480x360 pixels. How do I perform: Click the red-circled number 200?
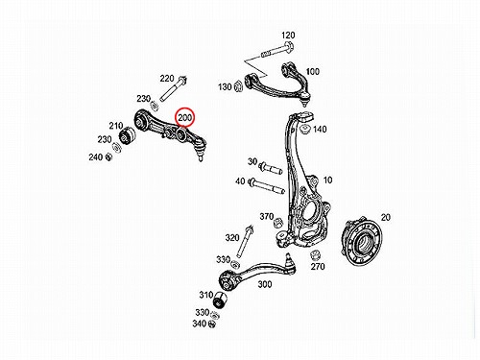click(x=185, y=118)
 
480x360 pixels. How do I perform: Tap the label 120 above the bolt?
click(x=288, y=36)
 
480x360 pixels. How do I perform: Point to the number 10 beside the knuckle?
click(x=327, y=180)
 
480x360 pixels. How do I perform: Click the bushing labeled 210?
click(x=128, y=136)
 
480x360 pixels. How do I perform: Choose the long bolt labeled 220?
click(x=173, y=88)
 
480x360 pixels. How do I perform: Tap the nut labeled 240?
click(x=108, y=157)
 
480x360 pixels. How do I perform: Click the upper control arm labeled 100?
click(x=277, y=84)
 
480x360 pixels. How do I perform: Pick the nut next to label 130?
click(x=238, y=85)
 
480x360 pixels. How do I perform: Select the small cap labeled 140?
click(x=305, y=130)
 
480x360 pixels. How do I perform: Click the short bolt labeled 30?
click(x=271, y=168)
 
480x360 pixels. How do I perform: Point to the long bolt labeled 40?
click(x=267, y=186)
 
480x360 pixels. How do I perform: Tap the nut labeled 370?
click(x=278, y=222)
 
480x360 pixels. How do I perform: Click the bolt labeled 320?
click(x=244, y=242)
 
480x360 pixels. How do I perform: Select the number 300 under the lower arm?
click(x=265, y=284)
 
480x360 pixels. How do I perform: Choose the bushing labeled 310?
click(x=220, y=300)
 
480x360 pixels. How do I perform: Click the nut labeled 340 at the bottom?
click(x=211, y=324)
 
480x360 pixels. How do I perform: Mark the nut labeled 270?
click(x=315, y=255)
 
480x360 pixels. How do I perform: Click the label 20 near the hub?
click(x=386, y=218)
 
